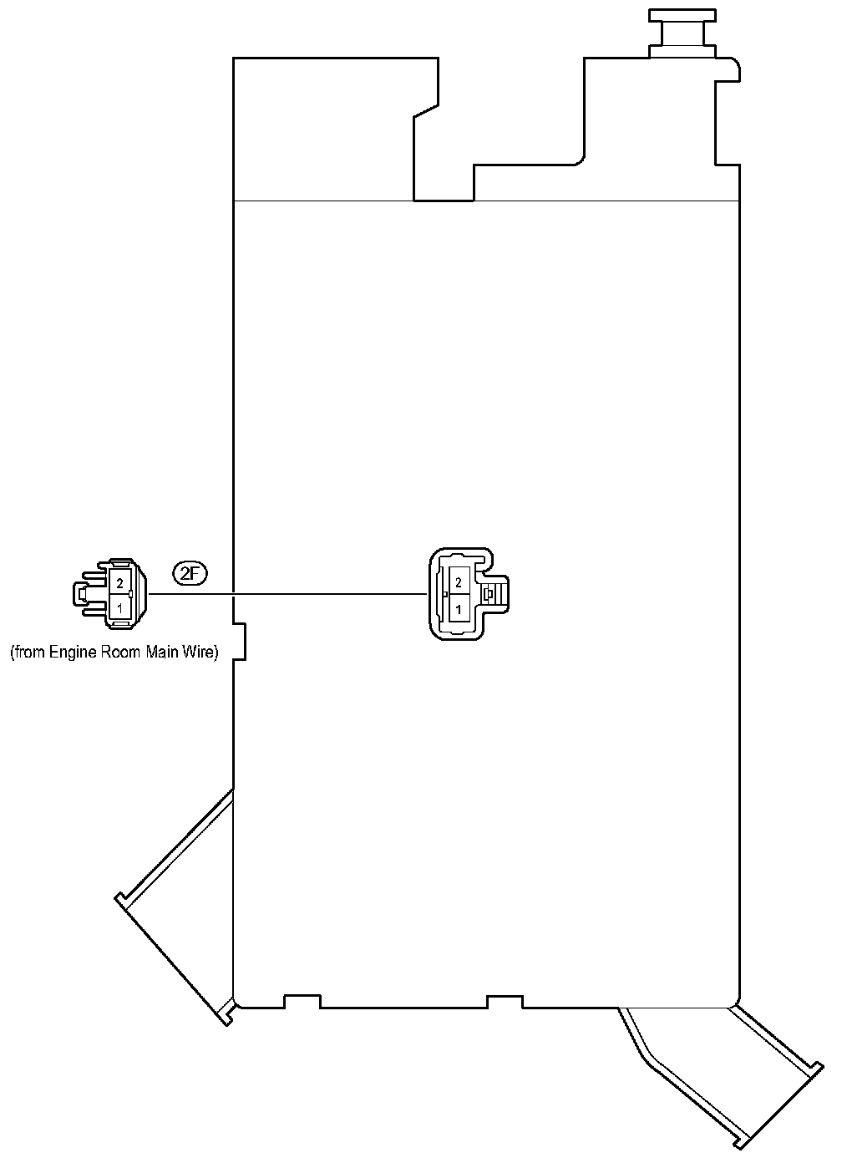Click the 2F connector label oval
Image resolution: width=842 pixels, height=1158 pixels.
coord(190,573)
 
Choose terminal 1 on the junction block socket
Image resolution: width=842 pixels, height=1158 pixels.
coord(458,610)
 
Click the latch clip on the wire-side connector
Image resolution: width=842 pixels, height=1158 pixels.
coord(84,595)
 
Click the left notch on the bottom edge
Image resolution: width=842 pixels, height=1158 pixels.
coord(302,1000)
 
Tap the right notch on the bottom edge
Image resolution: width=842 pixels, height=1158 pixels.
coord(505,1000)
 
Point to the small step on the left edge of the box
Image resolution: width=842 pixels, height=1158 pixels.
coord(240,640)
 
